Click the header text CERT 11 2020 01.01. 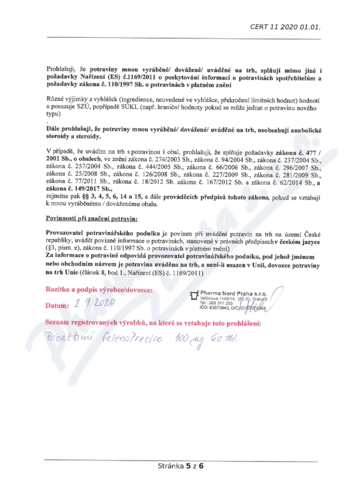[285, 27]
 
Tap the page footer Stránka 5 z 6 [180, 466]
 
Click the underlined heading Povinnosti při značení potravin [92, 218]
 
